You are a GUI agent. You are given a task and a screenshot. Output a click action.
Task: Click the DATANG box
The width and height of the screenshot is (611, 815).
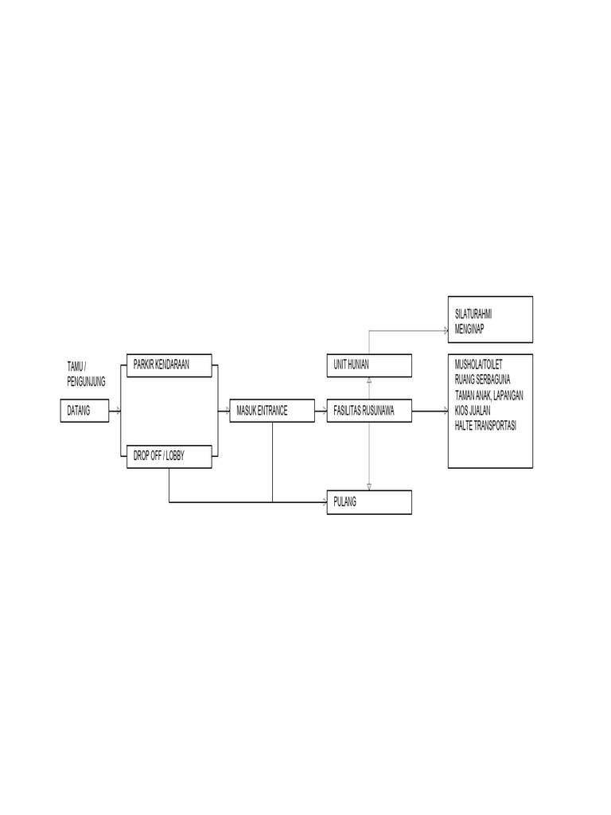click(84, 411)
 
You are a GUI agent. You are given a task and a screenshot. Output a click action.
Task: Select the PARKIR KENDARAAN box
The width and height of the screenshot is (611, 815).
click(169, 365)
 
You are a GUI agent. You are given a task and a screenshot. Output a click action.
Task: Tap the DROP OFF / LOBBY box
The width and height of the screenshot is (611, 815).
click(169, 456)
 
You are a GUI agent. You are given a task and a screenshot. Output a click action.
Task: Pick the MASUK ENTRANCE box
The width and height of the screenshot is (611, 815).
click(272, 411)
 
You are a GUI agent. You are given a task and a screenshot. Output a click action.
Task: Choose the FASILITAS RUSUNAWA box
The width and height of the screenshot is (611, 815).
click(369, 411)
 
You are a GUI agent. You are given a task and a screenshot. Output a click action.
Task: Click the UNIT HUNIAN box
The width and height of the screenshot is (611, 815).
click(369, 365)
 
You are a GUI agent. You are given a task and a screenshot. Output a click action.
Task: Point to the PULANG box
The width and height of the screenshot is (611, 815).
click(369, 502)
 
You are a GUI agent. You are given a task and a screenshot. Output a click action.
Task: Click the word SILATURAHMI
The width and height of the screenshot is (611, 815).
click(473, 314)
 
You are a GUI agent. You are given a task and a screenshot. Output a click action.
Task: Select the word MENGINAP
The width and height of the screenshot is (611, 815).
click(469, 329)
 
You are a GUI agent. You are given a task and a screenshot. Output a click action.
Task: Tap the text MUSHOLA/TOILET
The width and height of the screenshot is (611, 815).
click(478, 365)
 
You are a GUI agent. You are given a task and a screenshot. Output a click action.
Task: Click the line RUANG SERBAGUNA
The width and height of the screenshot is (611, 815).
click(482, 380)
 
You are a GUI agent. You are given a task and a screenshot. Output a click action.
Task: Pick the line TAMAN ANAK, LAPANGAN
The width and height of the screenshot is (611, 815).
click(489, 395)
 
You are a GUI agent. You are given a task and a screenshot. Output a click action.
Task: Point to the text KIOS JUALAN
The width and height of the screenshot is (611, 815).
click(473, 411)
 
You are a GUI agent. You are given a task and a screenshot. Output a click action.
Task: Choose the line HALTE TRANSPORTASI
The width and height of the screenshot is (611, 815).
click(485, 426)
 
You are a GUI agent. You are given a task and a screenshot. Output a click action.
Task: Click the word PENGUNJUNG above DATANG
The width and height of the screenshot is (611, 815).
click(86, 382)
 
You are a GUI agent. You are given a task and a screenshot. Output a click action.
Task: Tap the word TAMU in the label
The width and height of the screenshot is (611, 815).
click(75, 367)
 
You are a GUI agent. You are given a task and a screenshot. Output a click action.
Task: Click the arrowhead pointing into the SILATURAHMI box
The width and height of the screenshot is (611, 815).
click(446, 330)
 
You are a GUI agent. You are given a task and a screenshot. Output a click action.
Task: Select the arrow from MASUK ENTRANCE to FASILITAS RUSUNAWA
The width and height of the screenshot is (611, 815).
click(321, 411)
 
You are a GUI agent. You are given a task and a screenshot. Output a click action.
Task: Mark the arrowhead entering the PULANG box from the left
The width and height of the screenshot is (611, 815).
click(325, 502)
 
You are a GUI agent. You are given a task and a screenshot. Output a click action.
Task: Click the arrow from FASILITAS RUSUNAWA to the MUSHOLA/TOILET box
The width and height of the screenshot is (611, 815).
click(430, 411)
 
